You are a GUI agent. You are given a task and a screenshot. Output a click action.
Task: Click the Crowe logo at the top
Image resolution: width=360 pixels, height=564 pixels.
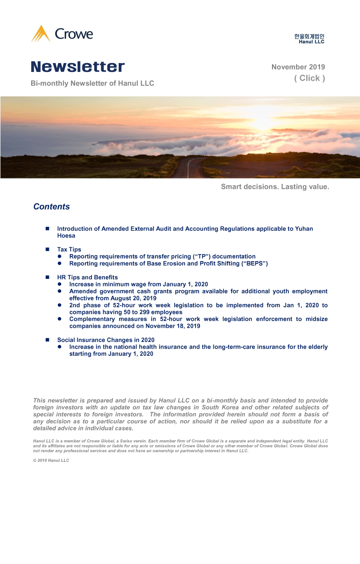62,34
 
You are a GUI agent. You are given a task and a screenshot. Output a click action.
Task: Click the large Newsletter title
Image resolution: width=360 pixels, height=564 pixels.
78,67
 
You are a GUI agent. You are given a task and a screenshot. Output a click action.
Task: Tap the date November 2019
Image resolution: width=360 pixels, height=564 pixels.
298,67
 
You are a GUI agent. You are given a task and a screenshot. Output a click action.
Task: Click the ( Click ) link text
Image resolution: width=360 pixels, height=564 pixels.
309,78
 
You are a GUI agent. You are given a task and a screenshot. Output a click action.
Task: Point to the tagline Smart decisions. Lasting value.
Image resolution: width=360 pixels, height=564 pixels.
275,187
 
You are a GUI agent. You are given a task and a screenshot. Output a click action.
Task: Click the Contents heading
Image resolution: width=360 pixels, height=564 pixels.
52,207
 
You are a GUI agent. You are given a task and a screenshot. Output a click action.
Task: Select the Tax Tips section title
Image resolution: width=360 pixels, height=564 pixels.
69,250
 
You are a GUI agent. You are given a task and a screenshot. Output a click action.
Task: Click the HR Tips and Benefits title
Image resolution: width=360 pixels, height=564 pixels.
88,278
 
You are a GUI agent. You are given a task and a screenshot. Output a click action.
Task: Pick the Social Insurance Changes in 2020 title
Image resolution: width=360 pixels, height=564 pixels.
106,340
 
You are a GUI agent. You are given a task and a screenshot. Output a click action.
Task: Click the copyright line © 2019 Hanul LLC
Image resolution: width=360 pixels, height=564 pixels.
51,461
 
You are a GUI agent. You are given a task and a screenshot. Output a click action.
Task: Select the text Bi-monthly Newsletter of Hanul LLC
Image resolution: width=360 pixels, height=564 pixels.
92,83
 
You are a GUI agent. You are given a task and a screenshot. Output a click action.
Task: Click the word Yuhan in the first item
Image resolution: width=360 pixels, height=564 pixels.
304,229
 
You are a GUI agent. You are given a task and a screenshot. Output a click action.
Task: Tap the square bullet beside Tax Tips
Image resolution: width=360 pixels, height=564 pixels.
47,250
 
